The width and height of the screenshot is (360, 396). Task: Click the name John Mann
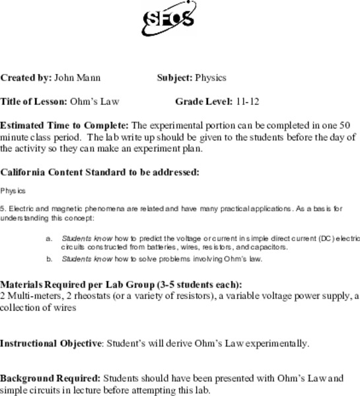pos(77,77)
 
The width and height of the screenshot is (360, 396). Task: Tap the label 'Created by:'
pos(26,77)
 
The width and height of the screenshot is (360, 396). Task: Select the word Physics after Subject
pos(210,77)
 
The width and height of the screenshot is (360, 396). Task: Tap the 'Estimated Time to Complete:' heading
pos(65,125)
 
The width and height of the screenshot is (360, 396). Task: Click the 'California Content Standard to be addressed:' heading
pos(99,172)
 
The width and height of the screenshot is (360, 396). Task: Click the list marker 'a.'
pos(49,238)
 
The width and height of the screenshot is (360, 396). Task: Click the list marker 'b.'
pos(49,259)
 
